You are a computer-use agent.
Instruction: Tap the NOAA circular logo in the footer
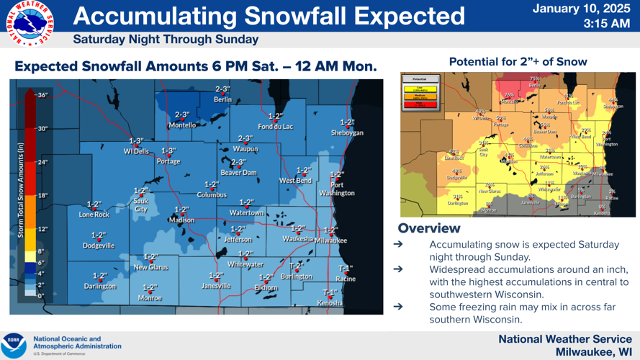click(x=14, y=346)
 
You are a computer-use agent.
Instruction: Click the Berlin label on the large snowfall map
click(x=222, y=99)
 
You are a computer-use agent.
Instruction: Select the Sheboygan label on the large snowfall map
click(x=347, y=132)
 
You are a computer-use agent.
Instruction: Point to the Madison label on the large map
click(x=181, y=220)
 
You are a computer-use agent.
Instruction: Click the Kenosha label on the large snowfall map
click(x=330, y=302)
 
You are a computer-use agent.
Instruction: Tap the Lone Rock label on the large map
click(x=94, y=215)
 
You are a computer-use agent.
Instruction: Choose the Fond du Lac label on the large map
click(x=275, y=126)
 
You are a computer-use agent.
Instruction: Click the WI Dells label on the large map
click(x=136, y=151)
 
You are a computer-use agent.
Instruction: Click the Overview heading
click(x=428, y=228)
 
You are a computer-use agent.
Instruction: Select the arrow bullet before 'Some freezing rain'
click(x=397, y=307)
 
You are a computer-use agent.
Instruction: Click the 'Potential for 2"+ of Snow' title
click(x=518, y=62)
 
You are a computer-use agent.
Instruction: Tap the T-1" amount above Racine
click(x=345, y=269)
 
